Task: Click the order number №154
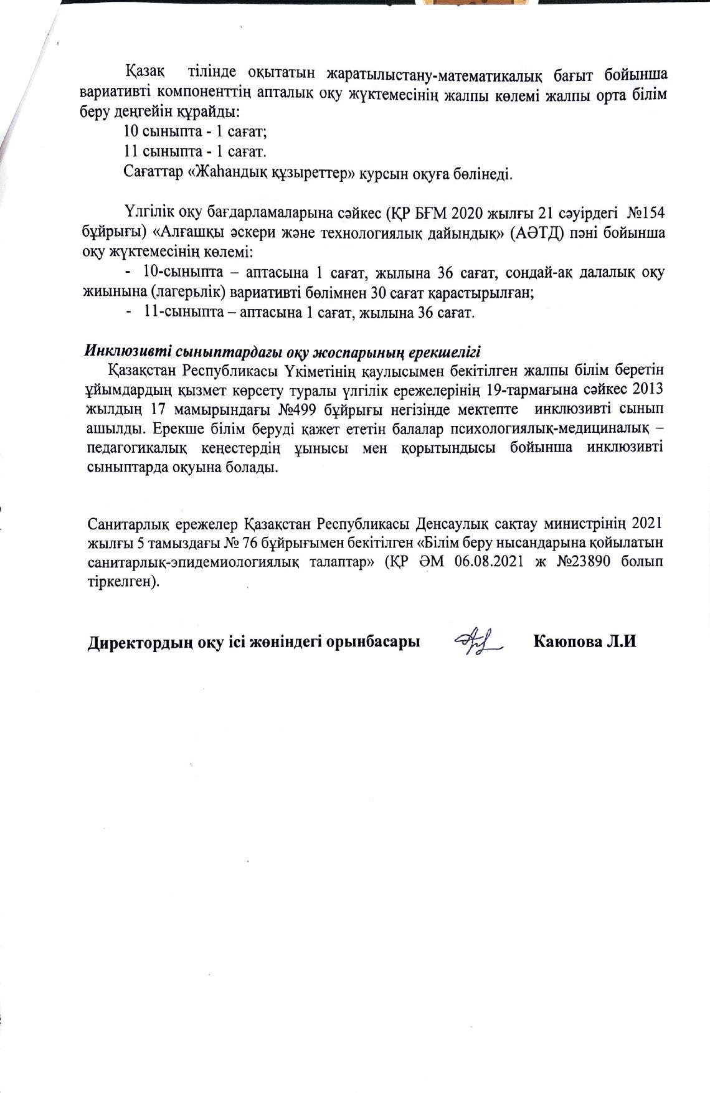pyautogui.click(x=645, y=213)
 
